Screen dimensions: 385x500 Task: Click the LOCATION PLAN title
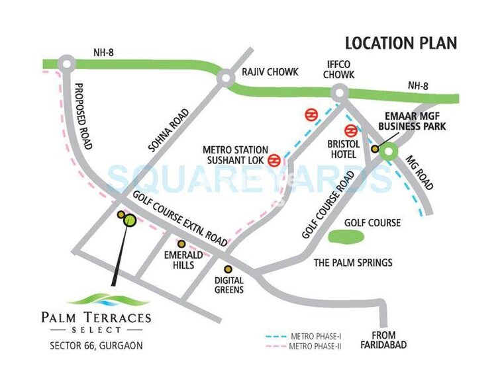pos(401,44)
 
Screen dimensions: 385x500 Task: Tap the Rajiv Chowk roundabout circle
pos(226,79)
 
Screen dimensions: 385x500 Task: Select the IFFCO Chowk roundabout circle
pos(341,93)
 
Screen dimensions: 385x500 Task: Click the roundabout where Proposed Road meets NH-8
pos(66,63)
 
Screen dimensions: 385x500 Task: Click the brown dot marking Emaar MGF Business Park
pos(375,150)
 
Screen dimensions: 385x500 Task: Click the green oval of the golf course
pos(346,236)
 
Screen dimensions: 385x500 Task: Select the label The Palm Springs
pos(352,263)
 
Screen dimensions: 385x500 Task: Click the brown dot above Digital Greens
pos(228,269)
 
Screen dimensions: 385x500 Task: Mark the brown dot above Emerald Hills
pos(181,244)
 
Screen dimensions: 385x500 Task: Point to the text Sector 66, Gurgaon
pos(96,345)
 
